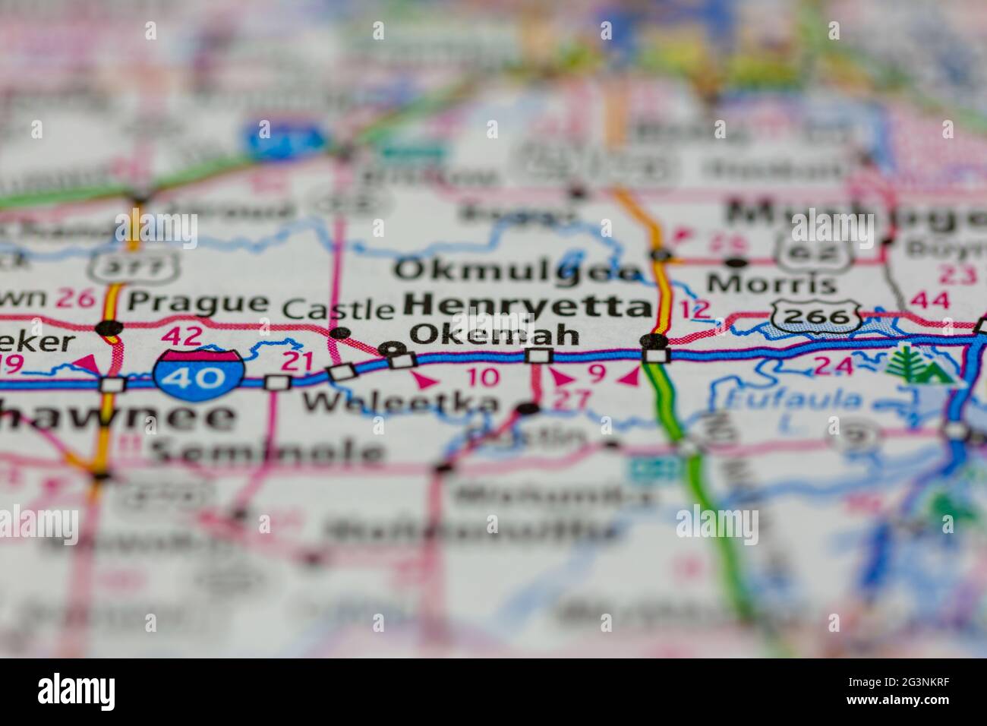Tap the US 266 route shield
coord(817,315)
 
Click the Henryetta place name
coord(528,306)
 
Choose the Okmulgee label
coord(519,270)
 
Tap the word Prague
coord(197,301)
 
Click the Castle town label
coord(339,308)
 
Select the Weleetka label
coord(402,403)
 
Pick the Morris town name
coord(771,285)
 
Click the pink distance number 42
coord(183,335)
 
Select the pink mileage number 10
coord(483,376)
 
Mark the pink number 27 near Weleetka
coord(571,400)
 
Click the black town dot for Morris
coord(735,263)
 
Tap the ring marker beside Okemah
coord(392,349)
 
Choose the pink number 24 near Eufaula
coord(832,366)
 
